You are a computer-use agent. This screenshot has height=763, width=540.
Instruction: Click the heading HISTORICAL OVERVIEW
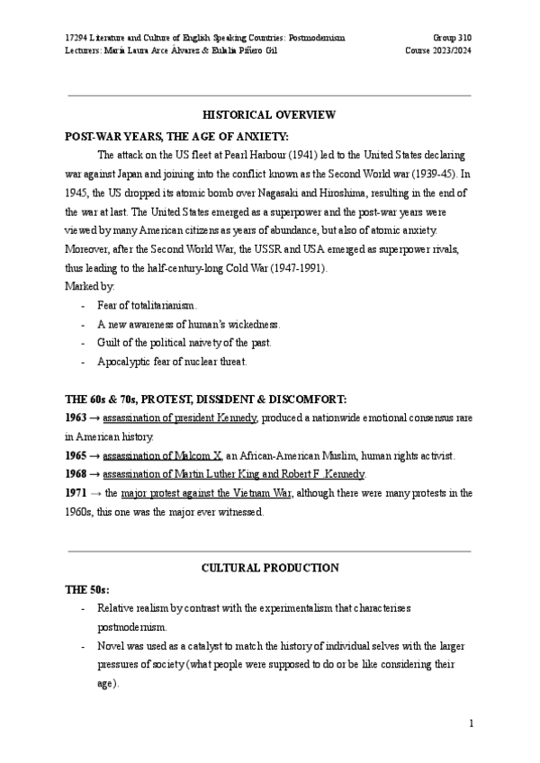click(x=269, y=114)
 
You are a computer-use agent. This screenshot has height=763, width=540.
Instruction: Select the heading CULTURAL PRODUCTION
click(x=269, y=568)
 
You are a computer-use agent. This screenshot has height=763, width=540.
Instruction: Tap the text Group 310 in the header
click(x=452, y=38)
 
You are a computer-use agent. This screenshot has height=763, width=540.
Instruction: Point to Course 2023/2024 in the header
click(x=438, y=51)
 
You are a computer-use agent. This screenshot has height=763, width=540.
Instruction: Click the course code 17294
click(x=77, y=38)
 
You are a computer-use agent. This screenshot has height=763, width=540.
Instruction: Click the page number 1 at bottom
click(x=471, y=723)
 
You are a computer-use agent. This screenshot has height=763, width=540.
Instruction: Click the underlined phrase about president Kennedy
click(x=180, y=418)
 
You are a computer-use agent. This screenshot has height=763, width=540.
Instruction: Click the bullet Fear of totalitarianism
click(x=147, y=306)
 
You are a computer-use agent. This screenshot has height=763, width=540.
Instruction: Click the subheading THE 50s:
click(x=87, y=588)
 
